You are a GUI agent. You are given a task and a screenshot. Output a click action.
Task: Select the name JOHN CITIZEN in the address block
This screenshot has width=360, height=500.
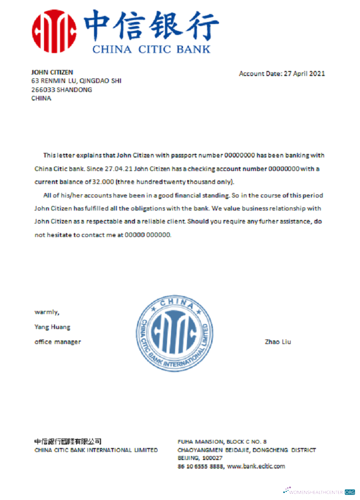pos(52,72)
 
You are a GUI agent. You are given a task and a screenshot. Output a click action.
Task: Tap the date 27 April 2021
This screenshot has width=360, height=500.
pos(304,73)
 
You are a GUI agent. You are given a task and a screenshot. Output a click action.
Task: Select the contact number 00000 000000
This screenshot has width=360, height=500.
pos(147,234)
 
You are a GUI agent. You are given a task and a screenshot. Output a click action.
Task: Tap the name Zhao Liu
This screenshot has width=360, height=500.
pos(277,342)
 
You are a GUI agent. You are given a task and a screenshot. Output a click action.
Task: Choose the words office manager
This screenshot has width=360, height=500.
pos(57,342)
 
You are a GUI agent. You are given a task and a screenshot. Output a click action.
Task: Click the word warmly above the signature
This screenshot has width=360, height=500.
pos(46,312)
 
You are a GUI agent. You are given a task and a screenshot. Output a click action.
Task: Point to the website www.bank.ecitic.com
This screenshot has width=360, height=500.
pos(256,466)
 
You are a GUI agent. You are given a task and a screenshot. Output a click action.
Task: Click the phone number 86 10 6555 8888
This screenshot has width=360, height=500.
pos(200,466)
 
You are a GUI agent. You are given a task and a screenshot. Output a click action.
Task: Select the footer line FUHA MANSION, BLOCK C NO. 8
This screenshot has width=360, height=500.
pos(222,441)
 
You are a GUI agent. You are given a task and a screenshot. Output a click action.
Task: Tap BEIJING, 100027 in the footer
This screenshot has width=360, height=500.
pos(200,458)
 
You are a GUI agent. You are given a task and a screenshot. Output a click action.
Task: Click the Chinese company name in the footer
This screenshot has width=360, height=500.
pos(67,441)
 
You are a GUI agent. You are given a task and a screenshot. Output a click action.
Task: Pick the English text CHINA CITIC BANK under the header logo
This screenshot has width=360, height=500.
pos(151,49)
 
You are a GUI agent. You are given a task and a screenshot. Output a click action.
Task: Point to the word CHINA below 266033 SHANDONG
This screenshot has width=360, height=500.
pos(41,98)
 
